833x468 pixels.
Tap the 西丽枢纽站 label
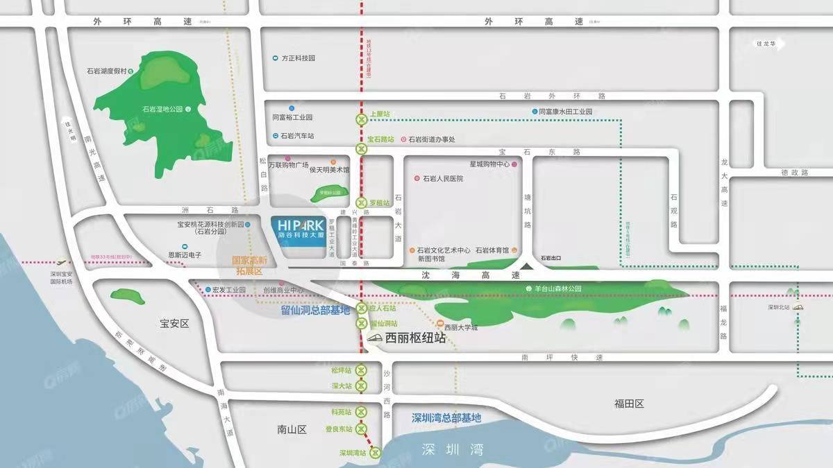415,339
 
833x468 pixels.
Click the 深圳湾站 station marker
376,453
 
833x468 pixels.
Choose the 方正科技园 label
298,58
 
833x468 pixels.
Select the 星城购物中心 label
489,165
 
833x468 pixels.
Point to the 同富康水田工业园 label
566,112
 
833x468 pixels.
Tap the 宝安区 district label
174,324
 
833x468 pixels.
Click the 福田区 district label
630,404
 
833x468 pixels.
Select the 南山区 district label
292,430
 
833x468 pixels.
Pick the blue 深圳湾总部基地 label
446,418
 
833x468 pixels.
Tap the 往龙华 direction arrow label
769,44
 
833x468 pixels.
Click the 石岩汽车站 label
297,136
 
